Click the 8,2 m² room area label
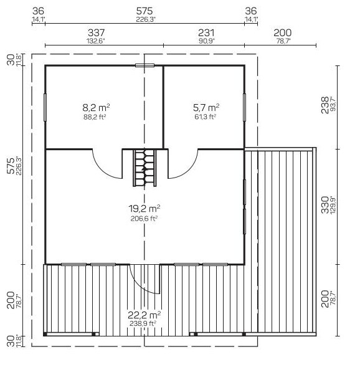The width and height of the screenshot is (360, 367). [96, 108]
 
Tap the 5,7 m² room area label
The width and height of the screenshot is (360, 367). [206, 108]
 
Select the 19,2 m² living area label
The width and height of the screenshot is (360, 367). [144, 208]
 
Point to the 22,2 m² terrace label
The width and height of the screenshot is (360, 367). [144, 315]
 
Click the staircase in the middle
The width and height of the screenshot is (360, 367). [144, 168]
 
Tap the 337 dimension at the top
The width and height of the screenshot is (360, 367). [96, 33]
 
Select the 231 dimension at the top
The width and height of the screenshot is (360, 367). [206, 33]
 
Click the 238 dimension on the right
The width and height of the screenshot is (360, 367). [325, 105]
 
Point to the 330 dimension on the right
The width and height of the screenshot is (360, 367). [325, 205]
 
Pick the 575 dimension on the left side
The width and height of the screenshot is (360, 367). [11, 166]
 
